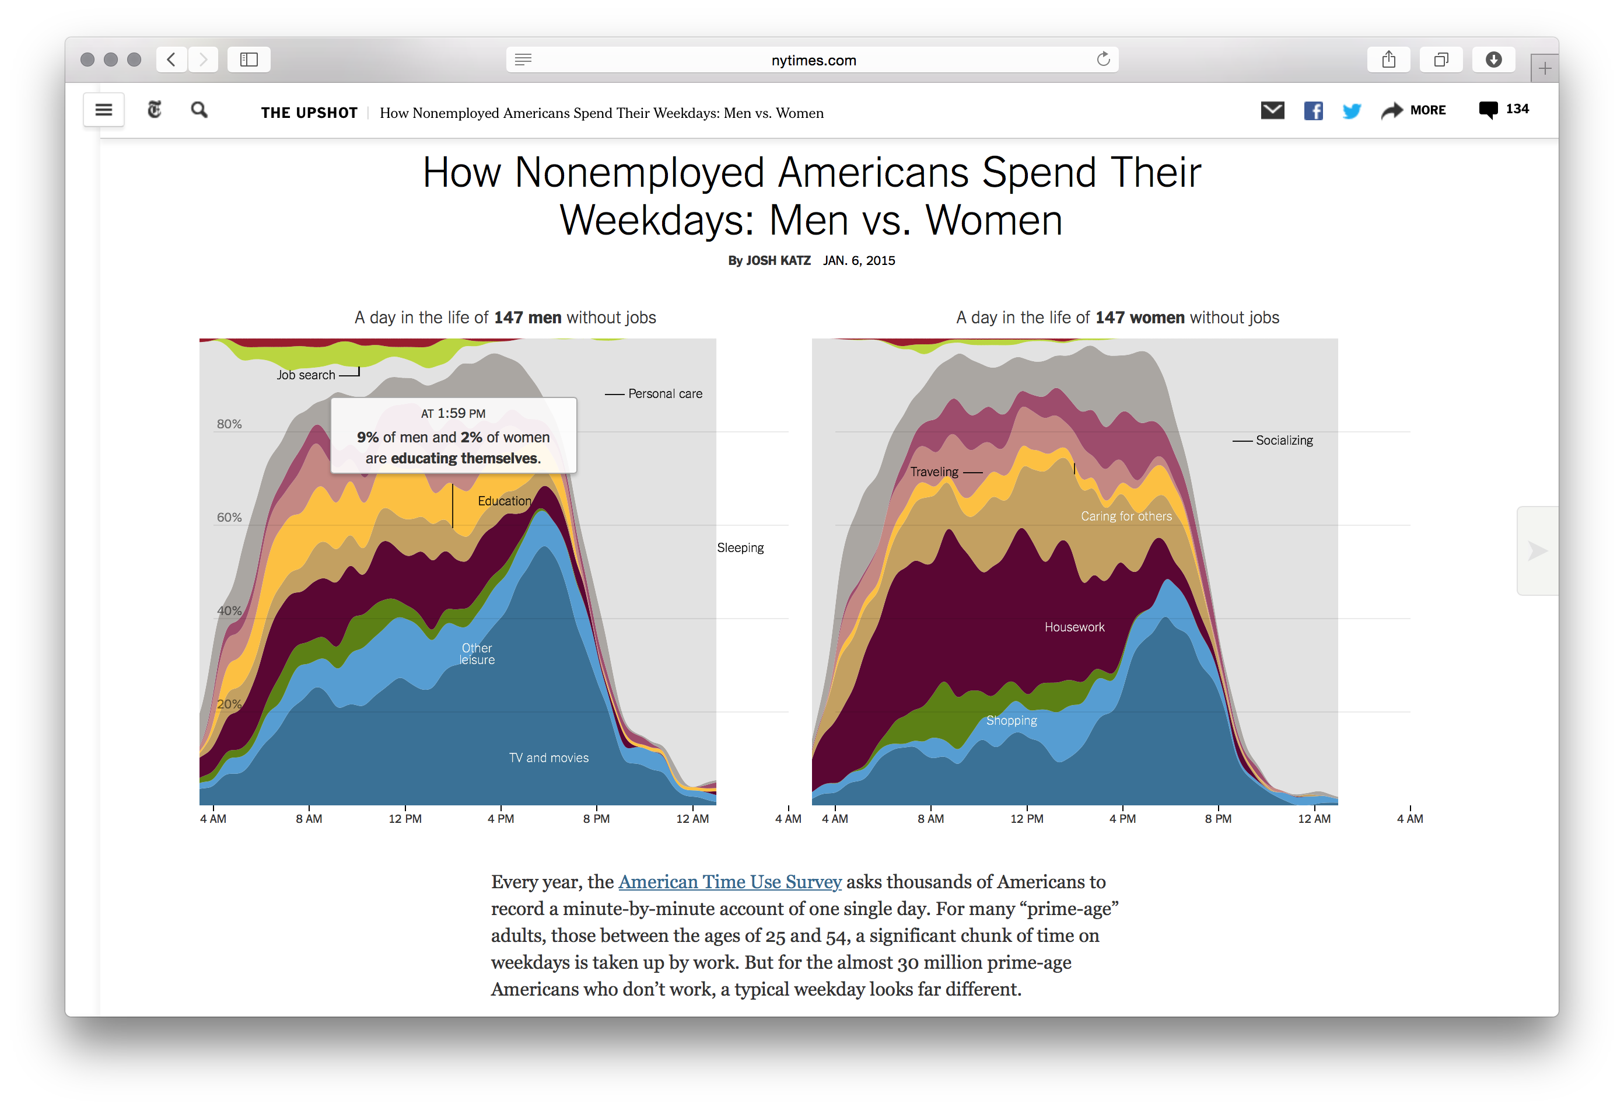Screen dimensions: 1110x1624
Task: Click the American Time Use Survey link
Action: [x=730, y=882]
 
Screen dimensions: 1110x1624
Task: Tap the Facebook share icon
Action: [x=1313, y=110]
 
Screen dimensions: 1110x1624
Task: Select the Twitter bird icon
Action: [x=1352, y=110]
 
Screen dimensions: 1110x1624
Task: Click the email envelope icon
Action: [x=1272, y=110]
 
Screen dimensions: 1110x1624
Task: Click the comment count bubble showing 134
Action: [x=1503, y=110]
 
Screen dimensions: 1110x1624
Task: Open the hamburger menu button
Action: [x=103, y=110]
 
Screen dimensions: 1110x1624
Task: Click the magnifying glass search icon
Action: [x=199, y=110]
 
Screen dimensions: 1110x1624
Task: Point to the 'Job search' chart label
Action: [x=305, y=375]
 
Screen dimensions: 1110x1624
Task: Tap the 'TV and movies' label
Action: [x=548, y=758]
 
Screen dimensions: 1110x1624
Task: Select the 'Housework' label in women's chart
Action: [x=1074, y=627]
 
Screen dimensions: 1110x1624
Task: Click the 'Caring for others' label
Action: [x=1126, y=516]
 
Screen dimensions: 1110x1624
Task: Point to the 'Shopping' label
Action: [x=1011, y=721]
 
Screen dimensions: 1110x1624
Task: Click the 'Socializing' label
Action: [x=1284, y=441]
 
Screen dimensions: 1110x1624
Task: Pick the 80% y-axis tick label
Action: [x=229, y=424]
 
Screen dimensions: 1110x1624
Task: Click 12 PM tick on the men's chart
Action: [x=405, y=819]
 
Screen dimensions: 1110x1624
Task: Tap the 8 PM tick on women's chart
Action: [x=1218, y=819]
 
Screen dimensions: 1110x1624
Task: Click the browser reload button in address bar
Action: [x=1102, y=60]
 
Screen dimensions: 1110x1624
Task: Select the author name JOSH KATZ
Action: [x=778, y=261]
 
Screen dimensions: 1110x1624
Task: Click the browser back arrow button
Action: [x=171, y=60]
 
